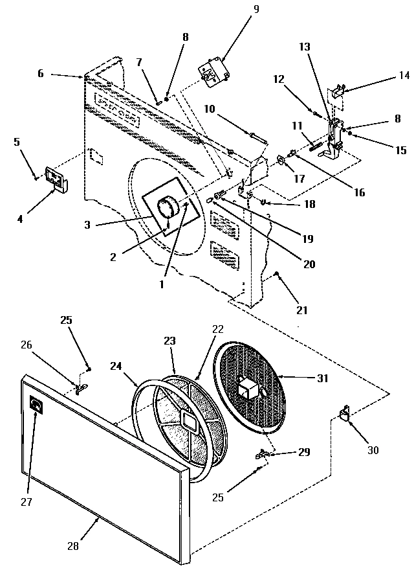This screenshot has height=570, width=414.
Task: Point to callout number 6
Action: point(40,73)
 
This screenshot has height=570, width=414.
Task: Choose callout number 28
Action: point(72,545)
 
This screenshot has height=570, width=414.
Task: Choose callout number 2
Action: point(113,256)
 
